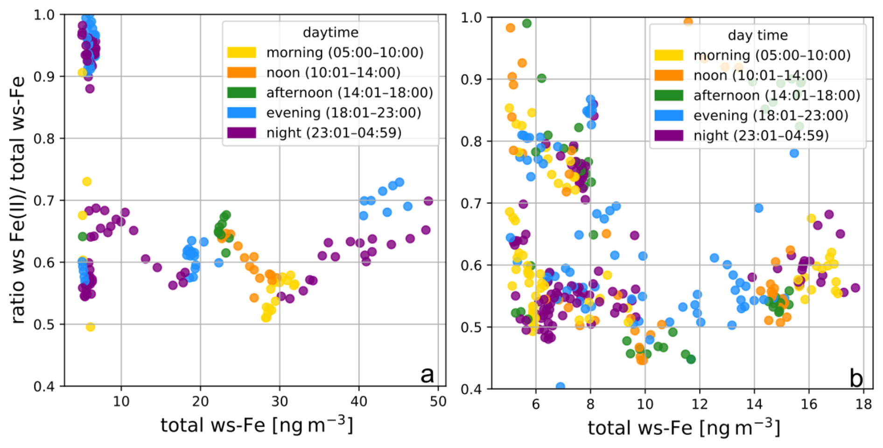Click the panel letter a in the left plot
(427, 375)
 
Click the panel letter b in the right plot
(855, 378)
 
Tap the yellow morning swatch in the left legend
(241, 52)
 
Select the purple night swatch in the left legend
(241, 133)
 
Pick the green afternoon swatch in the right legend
(668, 95)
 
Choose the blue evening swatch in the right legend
(668, 115)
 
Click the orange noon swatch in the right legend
(668, 75)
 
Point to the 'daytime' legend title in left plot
(330, 32)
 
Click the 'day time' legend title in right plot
(757, 35)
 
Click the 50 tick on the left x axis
(438, 401)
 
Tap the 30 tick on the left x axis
(280, 401)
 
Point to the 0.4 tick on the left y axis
(44, 386)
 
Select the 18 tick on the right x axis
(863, 404)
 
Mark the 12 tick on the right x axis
(700, 404)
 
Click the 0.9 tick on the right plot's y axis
(471, 79)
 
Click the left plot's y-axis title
(18, 200)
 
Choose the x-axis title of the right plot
(683, 428)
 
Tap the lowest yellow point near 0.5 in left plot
(91, 327)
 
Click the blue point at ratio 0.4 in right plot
(560, 387)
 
